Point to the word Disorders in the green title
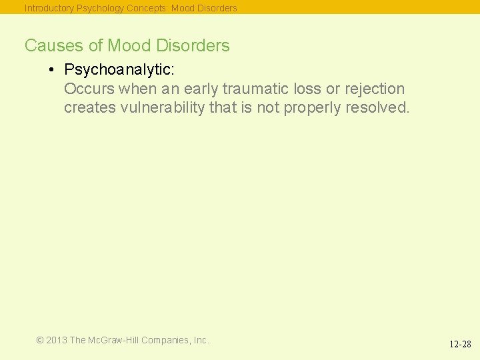[193, 45]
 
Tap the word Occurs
[89, 89]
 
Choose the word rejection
[375, 89]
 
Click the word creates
[89, 108]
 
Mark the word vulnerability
[161, 108]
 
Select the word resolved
[378, 108]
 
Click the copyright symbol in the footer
[40, 340]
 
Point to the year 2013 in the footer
[56, 340]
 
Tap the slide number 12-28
[460, 345]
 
